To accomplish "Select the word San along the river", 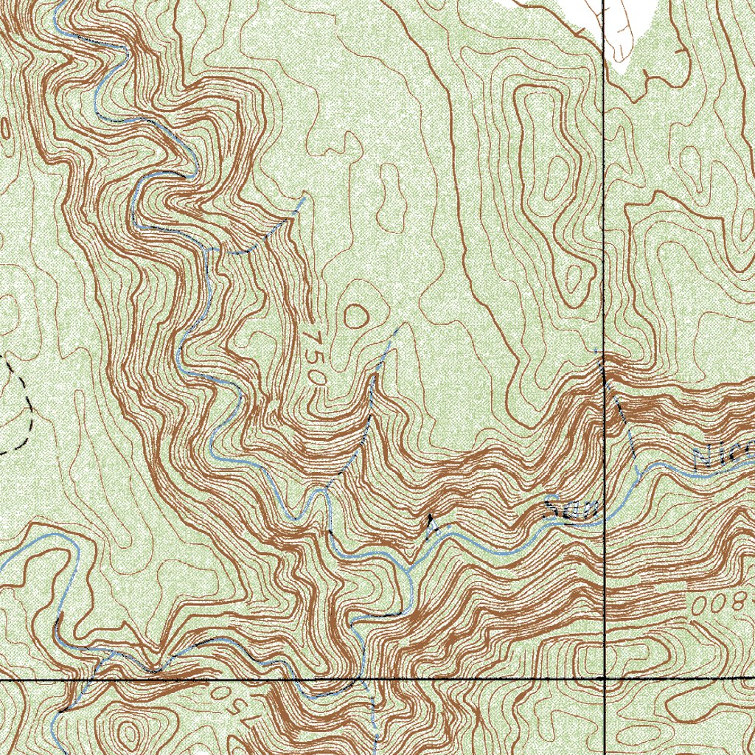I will pos(567,509).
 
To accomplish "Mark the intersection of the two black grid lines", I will pos(604,677).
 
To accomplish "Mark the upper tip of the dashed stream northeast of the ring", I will pos(402,327).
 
